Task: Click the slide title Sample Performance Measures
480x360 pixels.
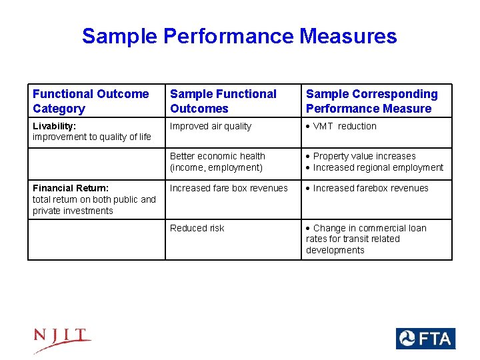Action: pyautogui.click(x=239, y=36)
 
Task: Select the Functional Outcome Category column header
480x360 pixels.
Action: pyautogui.click(x=91, y=101)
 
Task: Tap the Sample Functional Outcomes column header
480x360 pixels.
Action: pyautogui.click(x=223, y=101)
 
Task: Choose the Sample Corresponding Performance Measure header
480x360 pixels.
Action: pyautogui.click(x=371, y=101)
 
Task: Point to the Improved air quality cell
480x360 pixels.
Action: pyautogui.click(x=211, y=126)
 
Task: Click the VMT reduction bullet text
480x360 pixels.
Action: pyautogui.click(x=345, y=126)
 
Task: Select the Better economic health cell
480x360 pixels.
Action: pyautogui.click(x=217, y=156)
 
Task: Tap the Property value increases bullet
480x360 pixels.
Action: pyautogui.click(x=364, y=156)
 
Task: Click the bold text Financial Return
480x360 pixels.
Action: pyautogui.click(x=70, y=188)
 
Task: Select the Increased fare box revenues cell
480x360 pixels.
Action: pyautogui.click(x=229, y=188)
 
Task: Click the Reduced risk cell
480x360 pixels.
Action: pyautogui.click(x=197, y=228)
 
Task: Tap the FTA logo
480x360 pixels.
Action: pyautogui.click(x=425, y=339)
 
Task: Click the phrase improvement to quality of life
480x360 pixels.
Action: pyautogui.click(x=92, y=137)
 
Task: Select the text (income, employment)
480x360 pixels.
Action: pyautogui.click(x=216, y=167)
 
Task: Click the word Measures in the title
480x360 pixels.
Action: pyautogui.click(x=348, y=36)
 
